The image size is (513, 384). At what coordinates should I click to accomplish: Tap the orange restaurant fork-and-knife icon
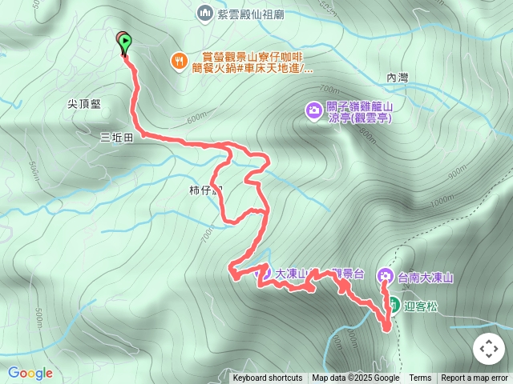179,59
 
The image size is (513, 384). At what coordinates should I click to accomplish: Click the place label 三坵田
116,137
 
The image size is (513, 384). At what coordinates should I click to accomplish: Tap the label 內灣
398,78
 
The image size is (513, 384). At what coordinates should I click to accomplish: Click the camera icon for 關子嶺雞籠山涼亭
312,110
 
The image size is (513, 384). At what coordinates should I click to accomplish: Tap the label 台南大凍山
426,278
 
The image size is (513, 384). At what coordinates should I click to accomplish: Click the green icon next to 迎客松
394,304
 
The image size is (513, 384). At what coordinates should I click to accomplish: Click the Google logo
30,373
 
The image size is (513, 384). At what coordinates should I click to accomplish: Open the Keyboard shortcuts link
268,378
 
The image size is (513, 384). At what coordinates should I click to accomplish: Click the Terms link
420,378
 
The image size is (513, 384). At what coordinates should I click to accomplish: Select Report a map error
475,378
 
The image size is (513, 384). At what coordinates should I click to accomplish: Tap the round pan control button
487,349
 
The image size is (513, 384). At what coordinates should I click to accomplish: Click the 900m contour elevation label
457,171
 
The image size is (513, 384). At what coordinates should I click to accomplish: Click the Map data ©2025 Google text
355,378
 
